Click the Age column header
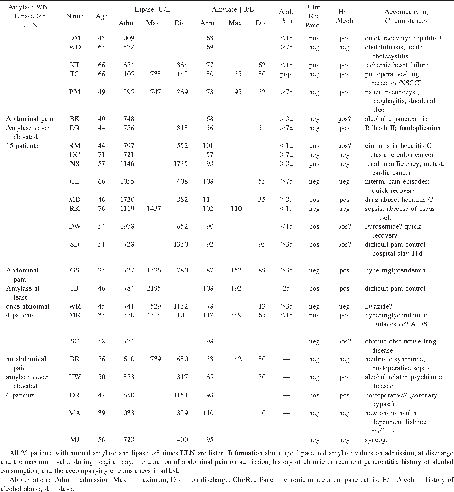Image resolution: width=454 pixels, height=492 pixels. click(x=102, y=16)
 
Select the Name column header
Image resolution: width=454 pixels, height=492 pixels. click(x=75, y=16)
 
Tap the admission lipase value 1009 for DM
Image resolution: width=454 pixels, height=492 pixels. click(x=127, y=38)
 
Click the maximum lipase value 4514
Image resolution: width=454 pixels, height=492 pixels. click(x=154, y=315)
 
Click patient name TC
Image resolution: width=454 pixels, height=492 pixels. click(x=75, y=74)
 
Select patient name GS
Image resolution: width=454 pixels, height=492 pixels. click(x=75, y=270)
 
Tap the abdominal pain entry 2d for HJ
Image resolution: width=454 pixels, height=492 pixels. click(x=286, y=288)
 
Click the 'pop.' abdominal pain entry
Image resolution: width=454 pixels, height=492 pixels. click(x=286, y=74)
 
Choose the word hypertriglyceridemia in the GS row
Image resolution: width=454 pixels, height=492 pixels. click(x=395, y=271)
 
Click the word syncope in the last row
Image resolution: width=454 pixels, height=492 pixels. click(x=377, y=440)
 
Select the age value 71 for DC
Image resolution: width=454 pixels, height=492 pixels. click(x=102, y=155)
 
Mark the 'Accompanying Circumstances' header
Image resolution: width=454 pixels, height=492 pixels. click(x=406, y=16)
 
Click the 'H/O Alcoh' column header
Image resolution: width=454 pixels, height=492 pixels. click(x=344, y=16)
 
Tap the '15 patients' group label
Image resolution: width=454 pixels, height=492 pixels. click(x=22, y=146)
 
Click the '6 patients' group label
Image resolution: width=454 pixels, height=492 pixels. click(x=20, y=395)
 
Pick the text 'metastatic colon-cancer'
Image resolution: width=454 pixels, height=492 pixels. click(x=399, y=155)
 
